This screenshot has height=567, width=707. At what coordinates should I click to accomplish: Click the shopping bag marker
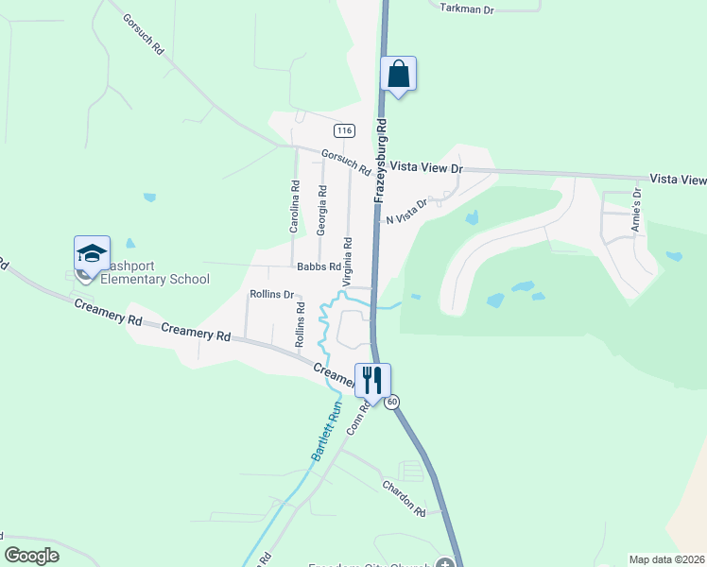(399, 74)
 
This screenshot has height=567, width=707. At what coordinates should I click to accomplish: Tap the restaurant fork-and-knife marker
(371, 381)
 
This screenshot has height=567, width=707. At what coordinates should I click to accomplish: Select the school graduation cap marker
(92, 254)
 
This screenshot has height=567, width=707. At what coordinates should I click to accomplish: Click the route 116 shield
(343, 129)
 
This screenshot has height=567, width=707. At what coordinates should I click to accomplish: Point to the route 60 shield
(392, 402)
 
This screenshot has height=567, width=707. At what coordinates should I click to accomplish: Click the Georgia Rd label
(322, 210)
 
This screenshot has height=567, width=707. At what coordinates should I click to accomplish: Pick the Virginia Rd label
(348, 262)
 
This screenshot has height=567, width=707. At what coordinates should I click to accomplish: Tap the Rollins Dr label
(272, 294)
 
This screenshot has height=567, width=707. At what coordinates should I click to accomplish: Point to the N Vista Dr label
(406, 211)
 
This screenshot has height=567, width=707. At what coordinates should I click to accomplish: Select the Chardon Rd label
(405, 498)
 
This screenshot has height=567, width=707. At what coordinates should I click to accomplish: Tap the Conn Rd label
(354, 418)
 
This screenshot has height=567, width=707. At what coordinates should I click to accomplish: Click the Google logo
(31, 555)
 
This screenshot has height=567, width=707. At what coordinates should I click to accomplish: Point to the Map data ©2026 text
(666, 559)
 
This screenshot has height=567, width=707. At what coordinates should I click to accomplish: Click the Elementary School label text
(154, 279)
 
